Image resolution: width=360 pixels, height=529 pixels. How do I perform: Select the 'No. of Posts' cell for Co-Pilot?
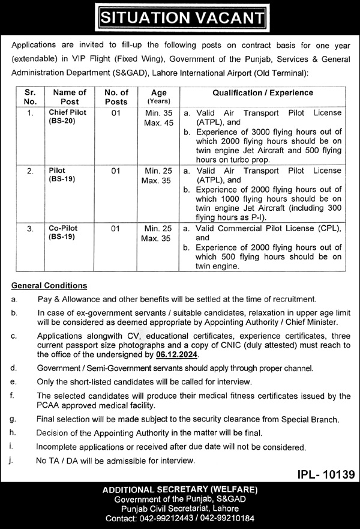pyautogui.click(x=116, y=229)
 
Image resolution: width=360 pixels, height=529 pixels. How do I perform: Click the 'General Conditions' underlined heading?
pyautogui.click(x=49, y=285)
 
